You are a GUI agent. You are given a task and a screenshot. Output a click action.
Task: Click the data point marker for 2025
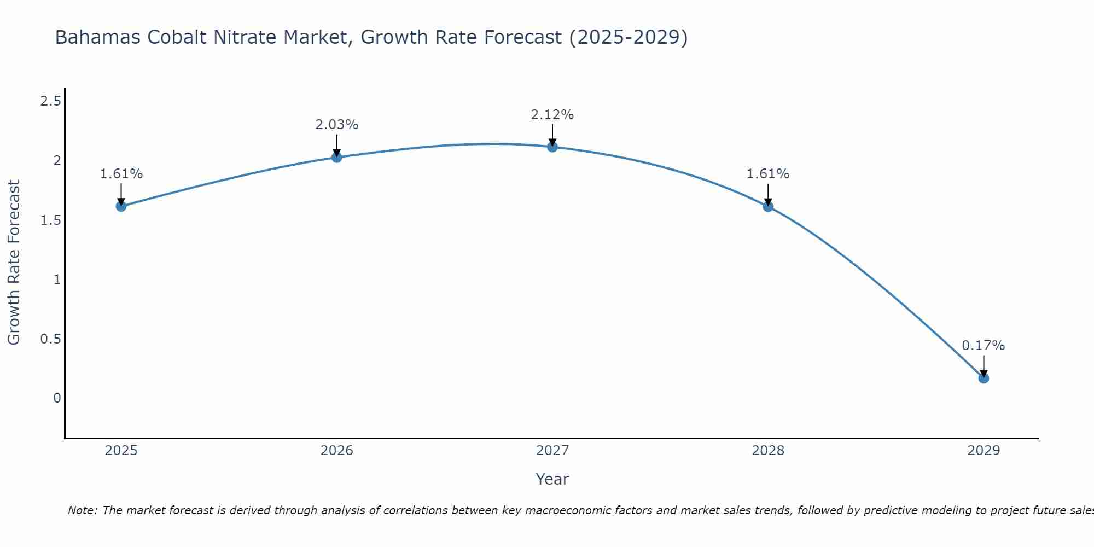tap(121, 206)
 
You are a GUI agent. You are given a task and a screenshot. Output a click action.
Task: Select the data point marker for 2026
tap(336, 158)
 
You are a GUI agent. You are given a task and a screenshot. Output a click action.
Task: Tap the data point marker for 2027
tap(552, 147)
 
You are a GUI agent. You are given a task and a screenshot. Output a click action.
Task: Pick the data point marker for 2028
tap(767, 206)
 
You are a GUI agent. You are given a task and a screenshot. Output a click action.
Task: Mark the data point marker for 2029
tap(983, 378)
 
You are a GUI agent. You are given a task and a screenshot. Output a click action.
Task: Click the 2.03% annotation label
tap(336, 125)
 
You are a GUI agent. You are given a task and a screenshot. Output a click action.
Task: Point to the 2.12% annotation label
tap(552, 115)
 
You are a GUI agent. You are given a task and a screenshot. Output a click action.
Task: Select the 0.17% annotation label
tap(983, 346)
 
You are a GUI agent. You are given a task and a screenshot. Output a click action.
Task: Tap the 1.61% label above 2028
tap(767, 174)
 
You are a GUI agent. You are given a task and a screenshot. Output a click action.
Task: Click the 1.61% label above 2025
tap(121, 174)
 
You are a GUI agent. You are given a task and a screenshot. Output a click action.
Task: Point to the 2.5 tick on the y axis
tap(50, 101)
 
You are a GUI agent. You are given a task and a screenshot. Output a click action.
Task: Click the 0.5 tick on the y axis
tap(50, 339)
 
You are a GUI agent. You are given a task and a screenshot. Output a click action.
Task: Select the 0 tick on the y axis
tap(57, 398)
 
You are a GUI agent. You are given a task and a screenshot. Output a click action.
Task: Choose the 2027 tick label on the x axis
tap(552, 451)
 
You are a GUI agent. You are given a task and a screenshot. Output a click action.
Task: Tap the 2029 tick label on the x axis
tap(983, 451)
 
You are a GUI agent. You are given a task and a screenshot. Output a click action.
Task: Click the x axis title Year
tap(552, 479)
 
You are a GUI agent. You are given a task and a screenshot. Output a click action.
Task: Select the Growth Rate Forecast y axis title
tap(14, 263)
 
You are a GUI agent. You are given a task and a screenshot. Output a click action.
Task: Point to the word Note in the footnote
tap(82, 510)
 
